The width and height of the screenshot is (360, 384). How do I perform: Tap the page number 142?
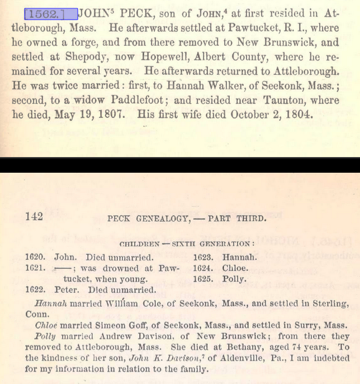click(x=34, y=217)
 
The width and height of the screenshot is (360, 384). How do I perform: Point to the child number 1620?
click(x=36, y=258)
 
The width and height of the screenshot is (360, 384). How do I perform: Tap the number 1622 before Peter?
click(x=36, y=290)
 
